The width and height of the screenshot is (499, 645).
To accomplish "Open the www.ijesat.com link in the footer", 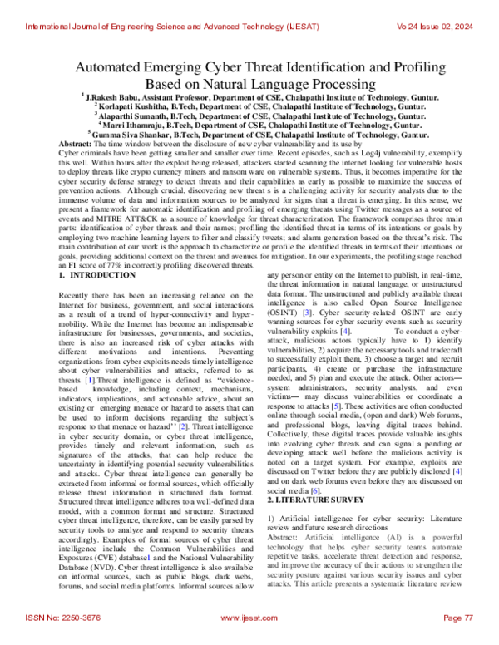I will click(x=249, y=619).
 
